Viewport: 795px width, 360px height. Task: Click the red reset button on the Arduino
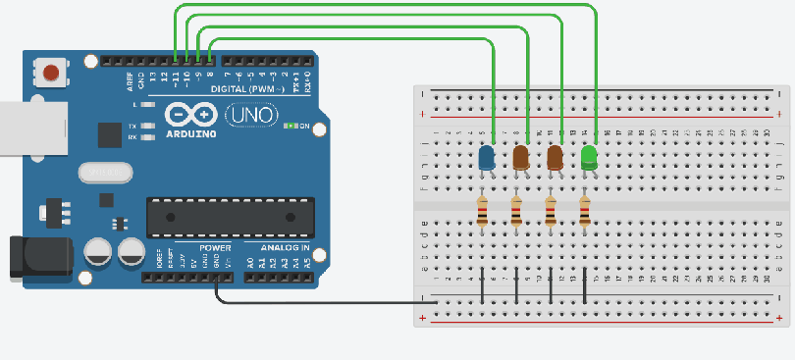(50, 72)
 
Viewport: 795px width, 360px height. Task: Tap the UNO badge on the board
(244, 116)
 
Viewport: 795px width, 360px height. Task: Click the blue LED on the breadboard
(485, 157)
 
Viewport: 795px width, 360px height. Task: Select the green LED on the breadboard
(589, 157)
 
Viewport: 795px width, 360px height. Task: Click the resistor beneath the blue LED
(482, 211)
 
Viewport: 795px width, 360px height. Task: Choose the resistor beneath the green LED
(586, 211)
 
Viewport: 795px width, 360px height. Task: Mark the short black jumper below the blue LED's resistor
(482, 284)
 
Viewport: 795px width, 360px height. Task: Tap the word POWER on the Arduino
(215, 249)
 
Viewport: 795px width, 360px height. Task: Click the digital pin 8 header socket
(210, 61)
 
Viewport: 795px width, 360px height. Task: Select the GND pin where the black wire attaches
(217, 279)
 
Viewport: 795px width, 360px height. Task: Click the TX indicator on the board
(132, 127)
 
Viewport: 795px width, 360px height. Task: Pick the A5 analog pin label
(307, 263)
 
